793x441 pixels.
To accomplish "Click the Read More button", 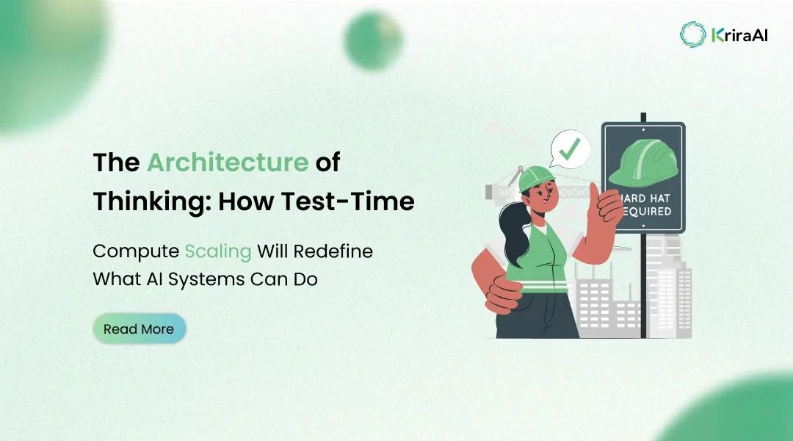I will (139, 329).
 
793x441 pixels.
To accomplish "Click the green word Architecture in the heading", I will (228, 162).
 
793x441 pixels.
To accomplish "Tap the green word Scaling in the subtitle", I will (218, 251).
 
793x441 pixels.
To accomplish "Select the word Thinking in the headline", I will (147, 201).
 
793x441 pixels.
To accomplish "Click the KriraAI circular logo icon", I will (692, 34).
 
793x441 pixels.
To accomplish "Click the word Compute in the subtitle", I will (135, 251).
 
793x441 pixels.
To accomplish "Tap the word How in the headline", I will (260, 201).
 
